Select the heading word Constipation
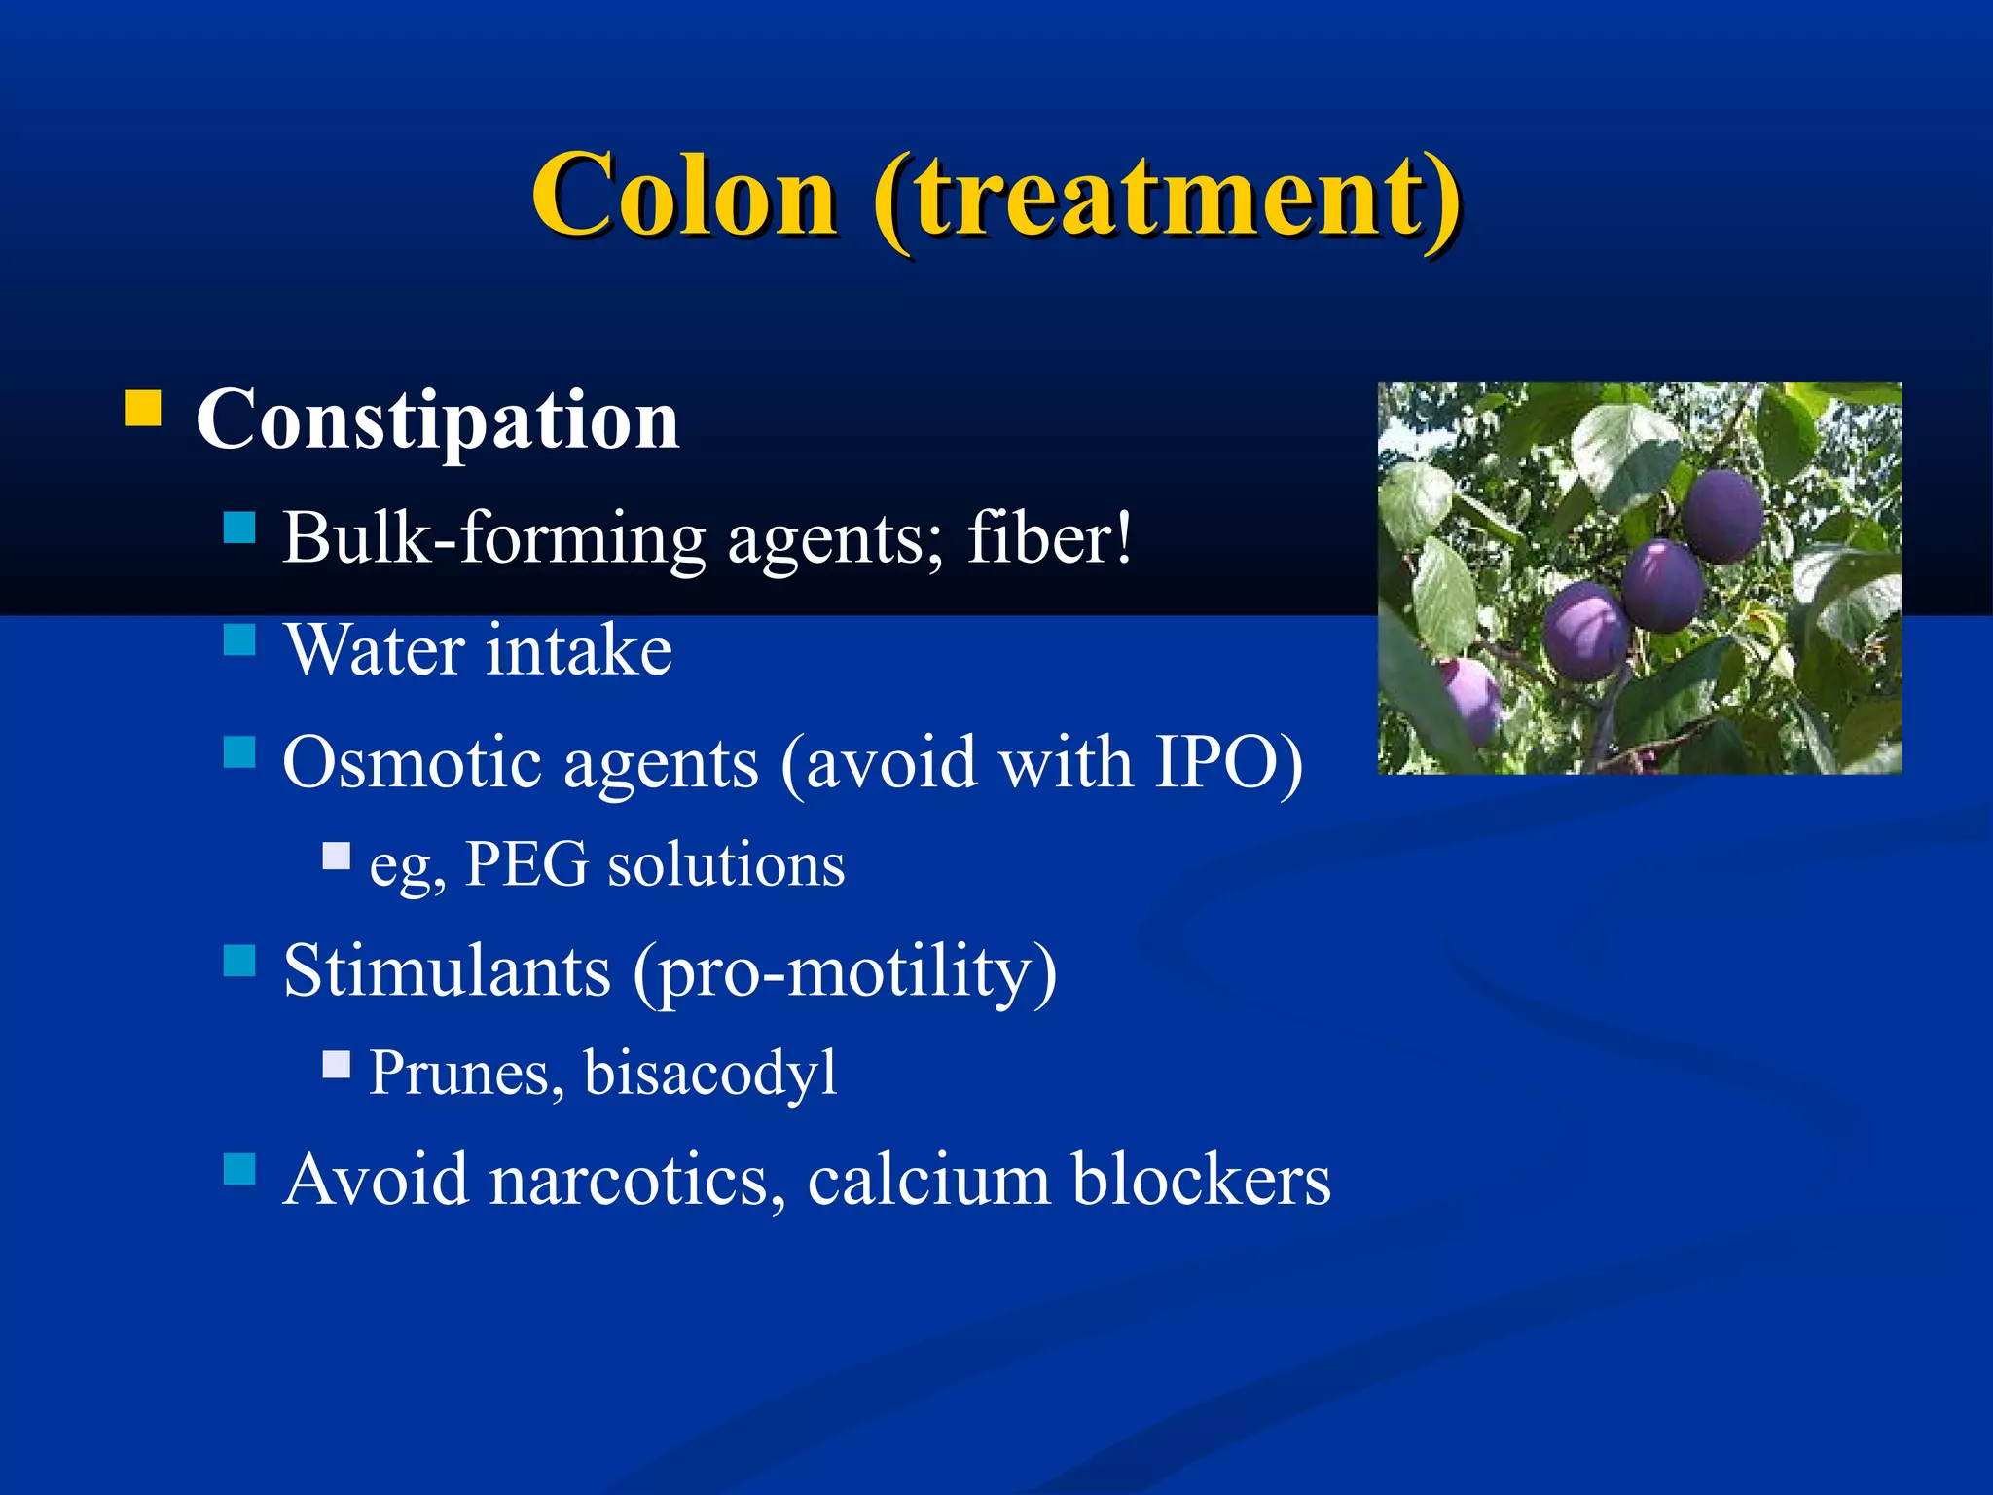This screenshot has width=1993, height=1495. click(x=437, y=419)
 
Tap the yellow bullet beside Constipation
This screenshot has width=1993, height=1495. click(x=143, y=409)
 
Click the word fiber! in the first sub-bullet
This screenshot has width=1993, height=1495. click(x=1050, y=537)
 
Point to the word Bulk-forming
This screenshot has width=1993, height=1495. click(x=493, y=537)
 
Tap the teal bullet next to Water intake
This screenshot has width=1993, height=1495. click(x=239, y=639)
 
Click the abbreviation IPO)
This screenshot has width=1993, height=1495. click(x=1228, y=761)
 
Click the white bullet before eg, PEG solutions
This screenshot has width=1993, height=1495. click(x=337, y=856)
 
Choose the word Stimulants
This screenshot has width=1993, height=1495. click(x=447, y=970)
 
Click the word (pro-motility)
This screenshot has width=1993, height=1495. click(x=845, y=972)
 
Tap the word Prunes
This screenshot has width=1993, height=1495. click(x=466, y=1073)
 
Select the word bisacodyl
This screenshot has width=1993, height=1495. click(x=710, y=1073)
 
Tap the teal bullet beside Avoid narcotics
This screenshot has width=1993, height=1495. click(x=239, y=1169)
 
